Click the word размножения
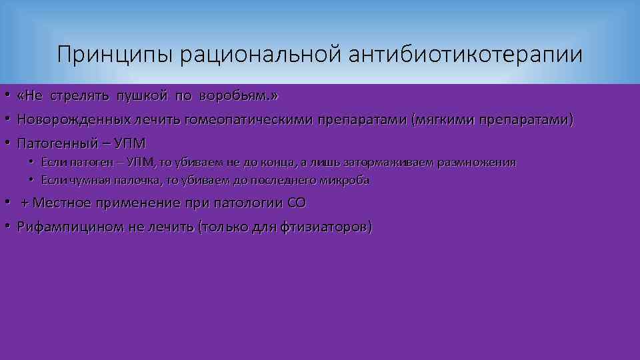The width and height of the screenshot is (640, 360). click(x=477, y=163)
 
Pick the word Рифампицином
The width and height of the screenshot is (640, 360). click(x=71, y=227)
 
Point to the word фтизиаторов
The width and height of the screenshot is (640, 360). click(x=330, y=227)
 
